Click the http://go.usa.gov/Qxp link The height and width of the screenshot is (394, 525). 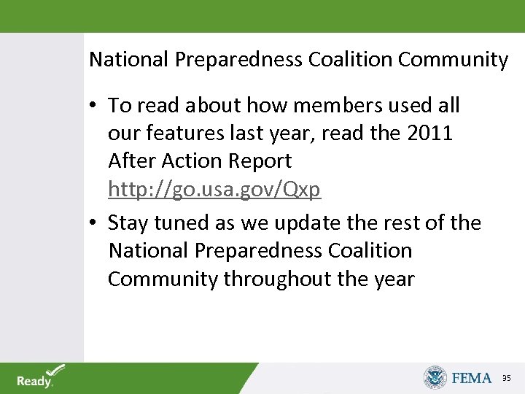click(x=214, y=190)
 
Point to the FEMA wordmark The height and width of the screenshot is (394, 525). click(x=472, y=378)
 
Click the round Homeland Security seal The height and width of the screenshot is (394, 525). click(x=435, y=377)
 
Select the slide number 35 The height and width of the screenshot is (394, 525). click(x=507, y=378)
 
